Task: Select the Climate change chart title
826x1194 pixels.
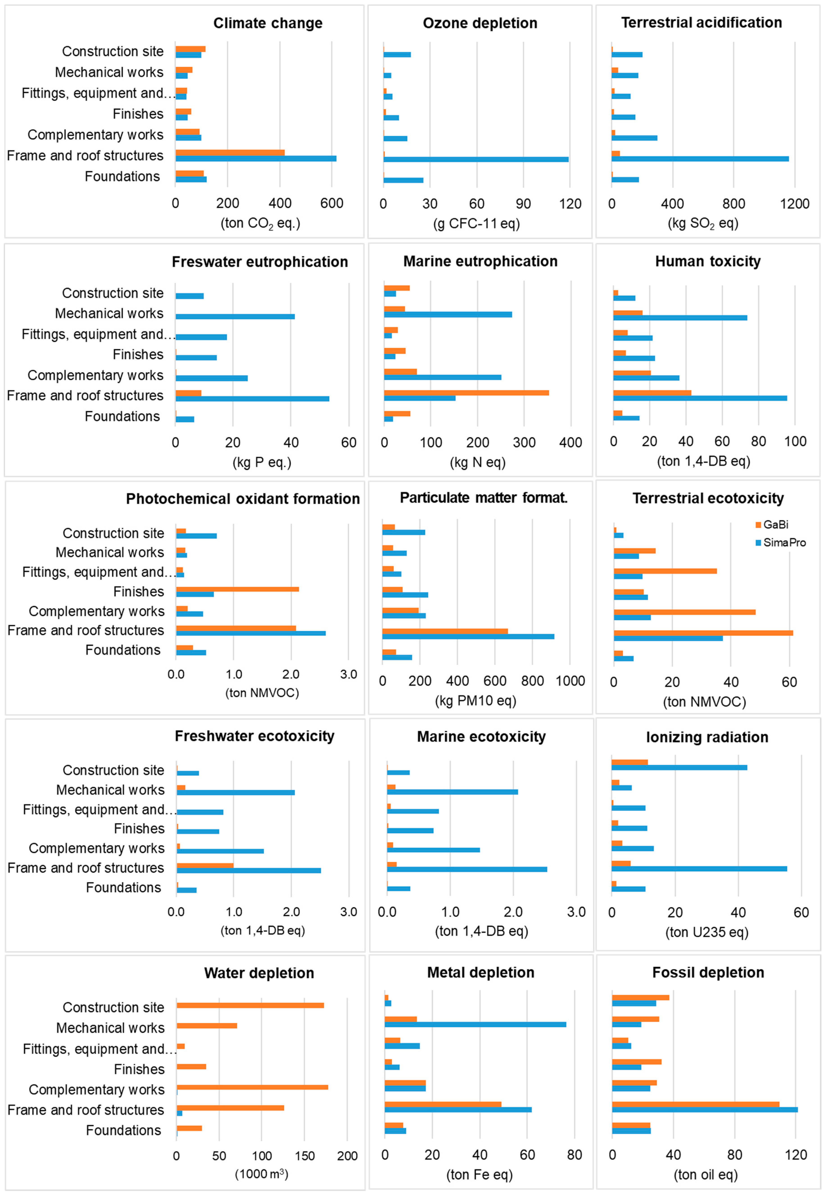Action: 268,23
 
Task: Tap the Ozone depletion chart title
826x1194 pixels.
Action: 480,23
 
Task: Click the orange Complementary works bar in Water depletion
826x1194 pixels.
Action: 252,1087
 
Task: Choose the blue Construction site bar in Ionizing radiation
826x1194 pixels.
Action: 679,767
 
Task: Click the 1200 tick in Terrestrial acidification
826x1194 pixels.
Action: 794,204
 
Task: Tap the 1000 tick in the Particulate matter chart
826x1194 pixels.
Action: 570,681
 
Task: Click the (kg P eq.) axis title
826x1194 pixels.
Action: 262,462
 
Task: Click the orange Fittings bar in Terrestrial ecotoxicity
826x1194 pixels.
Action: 665,571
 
